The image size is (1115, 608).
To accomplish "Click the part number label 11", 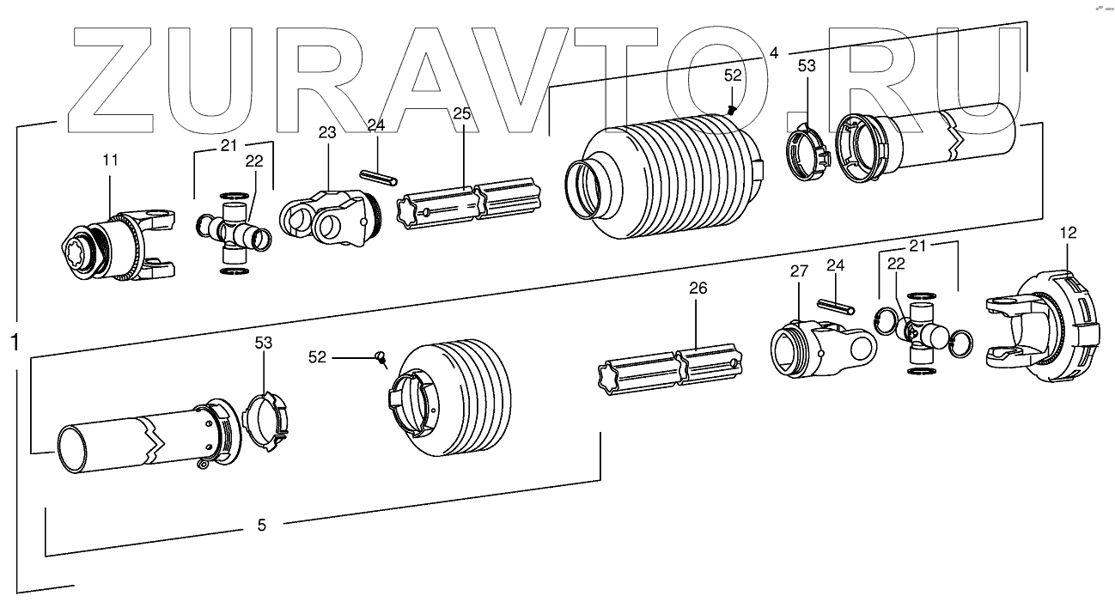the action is [x=111, y=161].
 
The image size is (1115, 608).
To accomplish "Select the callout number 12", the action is [x=1067, y=232].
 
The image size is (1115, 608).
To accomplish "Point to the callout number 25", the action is [x=462, y=115].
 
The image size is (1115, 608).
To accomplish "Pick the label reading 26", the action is [x=698, y=289].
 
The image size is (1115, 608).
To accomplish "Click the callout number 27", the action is [x=799, y=271].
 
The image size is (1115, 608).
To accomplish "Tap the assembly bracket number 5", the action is [x=262, y=525].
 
